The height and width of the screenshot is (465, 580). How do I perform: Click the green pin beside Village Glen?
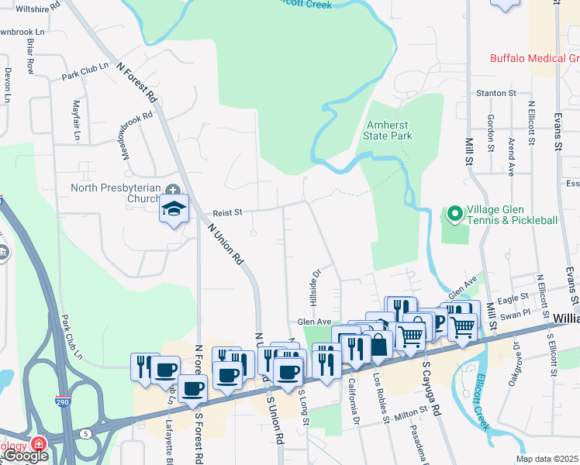(454, 212)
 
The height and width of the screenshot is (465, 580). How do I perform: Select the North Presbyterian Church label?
(116, 193)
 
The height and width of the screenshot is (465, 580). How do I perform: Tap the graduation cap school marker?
(174, 208)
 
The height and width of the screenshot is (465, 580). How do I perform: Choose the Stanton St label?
(496, 93)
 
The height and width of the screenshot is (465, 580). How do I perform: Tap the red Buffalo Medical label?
(534, 59)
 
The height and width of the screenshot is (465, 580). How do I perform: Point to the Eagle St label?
(512, 298)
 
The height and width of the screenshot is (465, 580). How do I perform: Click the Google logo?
(26, 456)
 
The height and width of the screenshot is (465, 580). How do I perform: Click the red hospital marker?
(37, 446)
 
